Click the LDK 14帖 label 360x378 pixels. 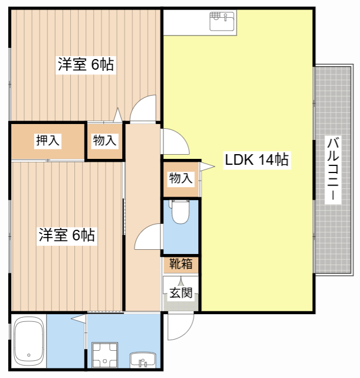coord(257,160)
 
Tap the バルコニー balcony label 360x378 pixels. coord(333,169)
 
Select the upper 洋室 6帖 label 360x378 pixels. coord(86,64)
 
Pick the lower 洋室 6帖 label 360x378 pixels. coord(67,235)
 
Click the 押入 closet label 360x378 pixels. coord(47,141)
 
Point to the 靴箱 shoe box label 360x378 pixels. coord(181,263)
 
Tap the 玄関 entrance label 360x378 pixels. coord(181,293)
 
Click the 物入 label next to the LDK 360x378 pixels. coord(181,178)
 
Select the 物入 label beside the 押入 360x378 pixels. coord(104,141)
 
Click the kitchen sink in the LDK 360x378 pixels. coord(222,21)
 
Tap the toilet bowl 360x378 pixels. coord(181,212)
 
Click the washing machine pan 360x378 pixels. coord(105,355)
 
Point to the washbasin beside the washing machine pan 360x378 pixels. coord(143,360)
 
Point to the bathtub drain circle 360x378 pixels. coord(29,355)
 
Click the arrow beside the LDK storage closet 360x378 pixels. coord(207,167)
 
